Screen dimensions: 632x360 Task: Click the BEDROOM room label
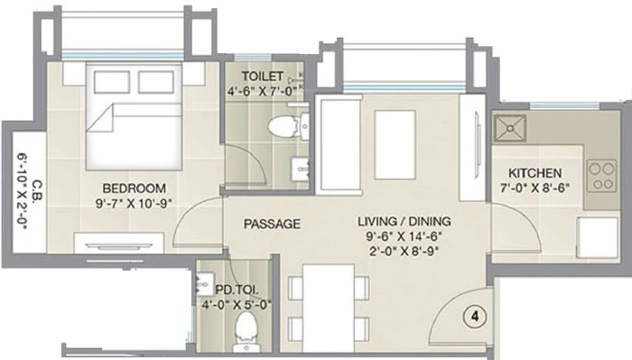(x=134, y=188)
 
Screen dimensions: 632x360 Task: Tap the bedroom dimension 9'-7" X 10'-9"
(x=134, y=203)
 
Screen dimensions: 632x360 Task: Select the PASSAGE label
(x=272, y=224)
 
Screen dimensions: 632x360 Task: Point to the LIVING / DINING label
(x=404, y=221)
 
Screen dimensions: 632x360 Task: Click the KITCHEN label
(x=534, y=173)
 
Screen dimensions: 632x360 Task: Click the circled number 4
(x=475, y=317)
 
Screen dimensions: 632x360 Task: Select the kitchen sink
(x=510, y=128)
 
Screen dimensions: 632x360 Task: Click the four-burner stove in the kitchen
(x=602, y=176)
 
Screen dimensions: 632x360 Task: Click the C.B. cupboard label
(x=36, y=190)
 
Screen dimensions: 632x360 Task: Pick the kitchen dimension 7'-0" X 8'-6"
(x=534, y=188)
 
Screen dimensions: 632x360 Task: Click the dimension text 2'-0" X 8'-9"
(x=404, y=251)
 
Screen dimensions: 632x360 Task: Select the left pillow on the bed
(x=112, y=82)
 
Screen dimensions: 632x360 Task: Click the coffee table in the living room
(x=395, y=145)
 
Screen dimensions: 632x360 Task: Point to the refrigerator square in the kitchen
(x=598, y=237)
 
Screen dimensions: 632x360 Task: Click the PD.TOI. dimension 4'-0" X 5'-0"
(x=237, y=304)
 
